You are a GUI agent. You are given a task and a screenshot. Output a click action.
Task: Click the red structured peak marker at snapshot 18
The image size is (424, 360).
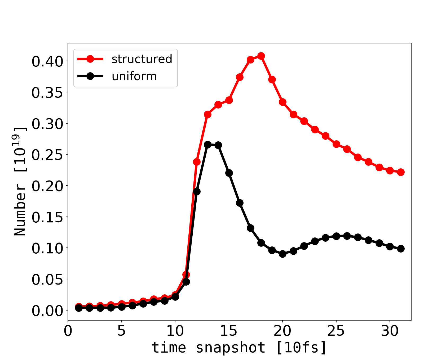tap(261, 56)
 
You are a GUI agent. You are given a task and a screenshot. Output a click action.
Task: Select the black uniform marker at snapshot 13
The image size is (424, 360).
tap(207, 145)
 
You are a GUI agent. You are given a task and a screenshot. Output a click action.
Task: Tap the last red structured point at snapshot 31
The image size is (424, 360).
tap(401, 172)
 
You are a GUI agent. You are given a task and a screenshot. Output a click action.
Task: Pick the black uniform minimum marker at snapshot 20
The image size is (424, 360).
tap(282, 254)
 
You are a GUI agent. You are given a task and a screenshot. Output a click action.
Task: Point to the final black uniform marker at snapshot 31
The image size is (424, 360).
tap(401, 249)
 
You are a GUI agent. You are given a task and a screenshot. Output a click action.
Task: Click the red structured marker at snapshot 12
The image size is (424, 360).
tap(197, 162)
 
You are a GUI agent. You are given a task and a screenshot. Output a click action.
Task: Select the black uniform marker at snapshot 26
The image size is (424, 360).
tap(347, 236)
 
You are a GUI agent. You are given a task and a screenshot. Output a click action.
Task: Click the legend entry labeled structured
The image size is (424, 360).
tap(142, 59)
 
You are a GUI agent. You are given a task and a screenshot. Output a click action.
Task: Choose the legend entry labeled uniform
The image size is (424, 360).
tap(134, 76)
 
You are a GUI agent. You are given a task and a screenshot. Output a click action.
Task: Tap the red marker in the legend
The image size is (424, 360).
tap(90, 59)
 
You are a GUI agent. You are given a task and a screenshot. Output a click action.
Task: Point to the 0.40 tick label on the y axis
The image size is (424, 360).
tap(47, 61)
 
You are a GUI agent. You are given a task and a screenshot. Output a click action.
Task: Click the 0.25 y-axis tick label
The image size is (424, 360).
tap(47, 155)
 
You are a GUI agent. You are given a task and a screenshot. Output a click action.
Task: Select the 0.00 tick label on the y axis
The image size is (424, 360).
tap(47, 311)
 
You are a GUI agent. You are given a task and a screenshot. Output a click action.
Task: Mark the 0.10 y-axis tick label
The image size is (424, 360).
tap(47, 248)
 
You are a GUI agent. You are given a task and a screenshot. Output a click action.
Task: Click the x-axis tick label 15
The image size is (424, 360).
tap(229, 331)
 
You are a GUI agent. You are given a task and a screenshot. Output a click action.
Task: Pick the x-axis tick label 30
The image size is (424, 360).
tap(390, 331)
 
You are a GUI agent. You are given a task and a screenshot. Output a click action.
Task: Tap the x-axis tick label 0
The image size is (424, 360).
tap(68, 331)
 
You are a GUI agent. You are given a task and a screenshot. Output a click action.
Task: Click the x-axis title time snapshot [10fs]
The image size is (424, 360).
tap(239, 347)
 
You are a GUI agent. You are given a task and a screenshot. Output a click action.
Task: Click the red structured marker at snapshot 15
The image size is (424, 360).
tap(229, 100)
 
